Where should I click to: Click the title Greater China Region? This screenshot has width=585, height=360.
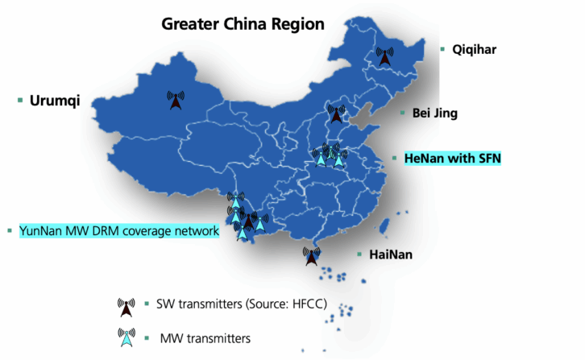(x=243, y=23)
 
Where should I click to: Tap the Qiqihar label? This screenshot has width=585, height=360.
(x=474, y=49)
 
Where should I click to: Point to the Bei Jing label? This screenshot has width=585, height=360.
(x=434, y=114)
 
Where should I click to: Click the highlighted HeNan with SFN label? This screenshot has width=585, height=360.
(x=452, y=159)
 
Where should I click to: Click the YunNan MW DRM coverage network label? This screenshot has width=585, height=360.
(x=118, y=231)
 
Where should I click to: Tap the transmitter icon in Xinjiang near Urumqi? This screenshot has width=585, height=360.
(x=176, y=101)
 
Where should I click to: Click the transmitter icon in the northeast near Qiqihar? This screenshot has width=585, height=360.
(x=385, y=57)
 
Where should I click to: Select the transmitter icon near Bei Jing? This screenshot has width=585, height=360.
(x=335, y=114)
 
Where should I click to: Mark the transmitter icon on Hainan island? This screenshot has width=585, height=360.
(x=311, y=257)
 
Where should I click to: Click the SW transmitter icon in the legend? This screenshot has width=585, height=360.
(x=126, y=308)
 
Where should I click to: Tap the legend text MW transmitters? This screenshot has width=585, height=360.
(x=205, y=337)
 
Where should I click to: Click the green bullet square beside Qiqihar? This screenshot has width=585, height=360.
(x=442, y=49)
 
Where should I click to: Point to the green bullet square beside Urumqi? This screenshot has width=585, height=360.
(x=20, y=101)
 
